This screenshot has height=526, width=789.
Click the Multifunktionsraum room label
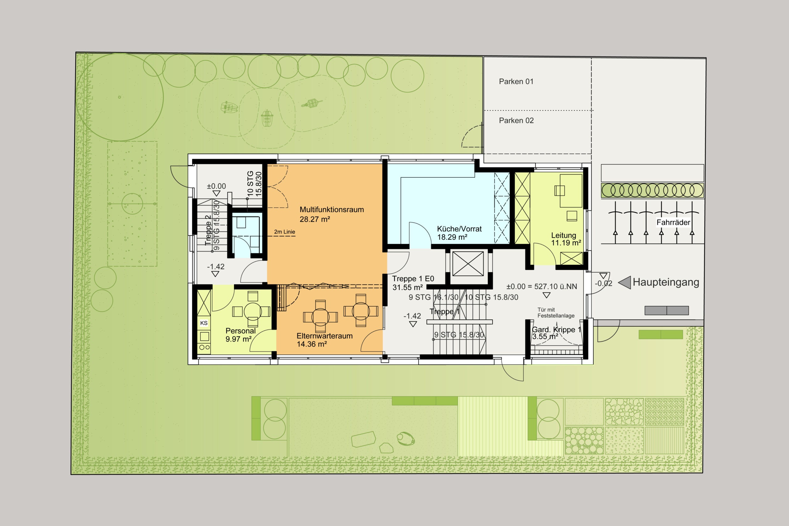[331, 210]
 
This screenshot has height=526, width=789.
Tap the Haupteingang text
[666, 283]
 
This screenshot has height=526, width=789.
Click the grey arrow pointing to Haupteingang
[624, 283]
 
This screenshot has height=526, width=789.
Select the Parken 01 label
[516, 82]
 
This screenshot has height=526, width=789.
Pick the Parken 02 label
[516, 120]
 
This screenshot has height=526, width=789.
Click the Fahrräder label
[673, 222]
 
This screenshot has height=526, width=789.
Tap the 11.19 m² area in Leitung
[566, 243]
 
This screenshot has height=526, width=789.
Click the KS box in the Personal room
[204, 323]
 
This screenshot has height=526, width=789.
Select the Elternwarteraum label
[325, 336]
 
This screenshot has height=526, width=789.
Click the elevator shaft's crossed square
[468, 264]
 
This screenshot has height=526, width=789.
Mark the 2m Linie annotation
[284, 232]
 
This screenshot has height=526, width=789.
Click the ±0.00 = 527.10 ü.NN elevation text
[542, 287]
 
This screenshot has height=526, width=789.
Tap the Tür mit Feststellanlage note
[556, 313]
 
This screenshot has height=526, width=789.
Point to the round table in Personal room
[252, 312]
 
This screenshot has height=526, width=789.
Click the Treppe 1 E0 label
[413, 279]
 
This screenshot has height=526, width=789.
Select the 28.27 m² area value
[315, 219]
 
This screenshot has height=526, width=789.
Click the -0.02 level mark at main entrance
[603, 283]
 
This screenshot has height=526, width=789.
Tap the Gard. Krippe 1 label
[556, 330]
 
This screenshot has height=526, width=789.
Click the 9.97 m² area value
[239, 339]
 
